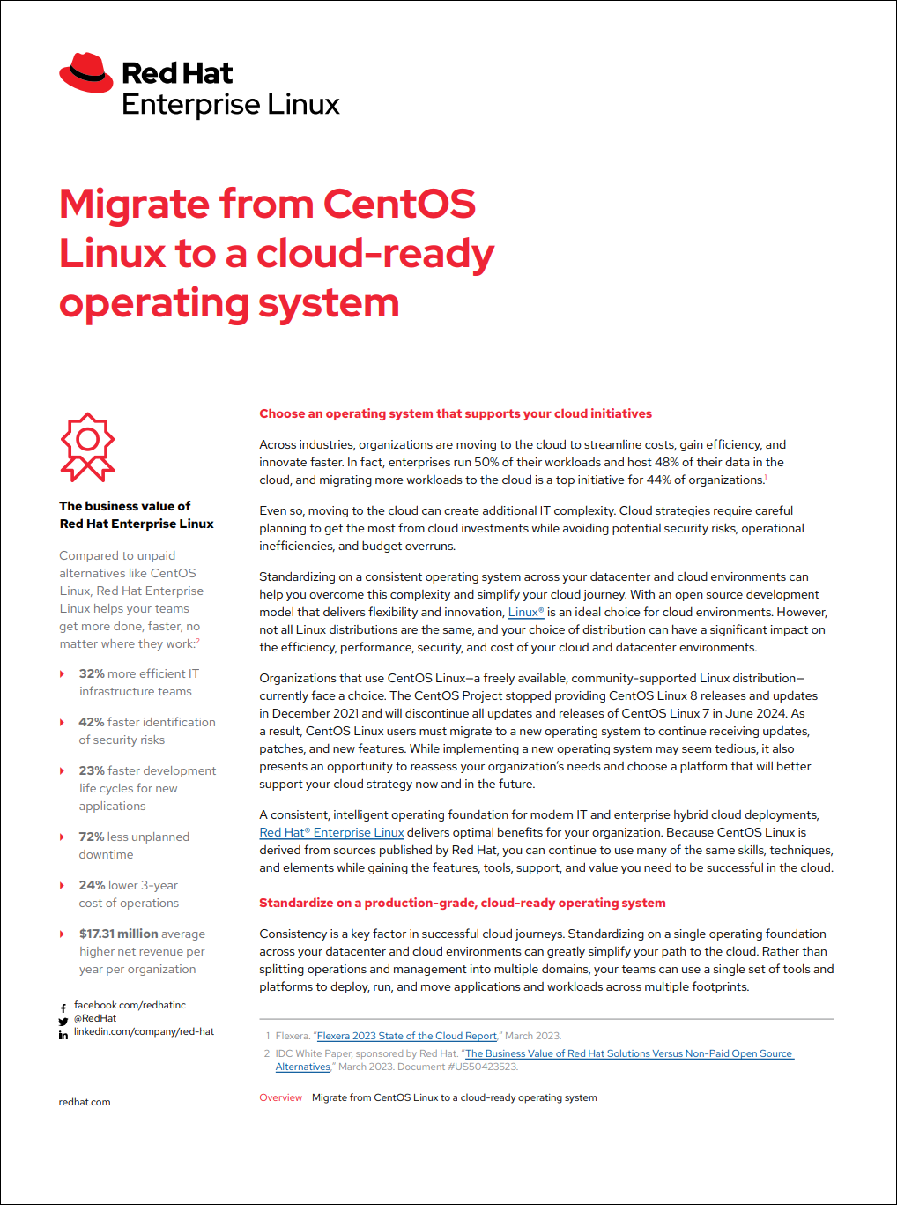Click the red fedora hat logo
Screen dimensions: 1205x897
86,73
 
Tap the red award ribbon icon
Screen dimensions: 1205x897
87,447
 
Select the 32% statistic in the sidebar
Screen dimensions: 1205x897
92,673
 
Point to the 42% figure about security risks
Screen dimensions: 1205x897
92,722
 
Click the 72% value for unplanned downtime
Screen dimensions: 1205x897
92,837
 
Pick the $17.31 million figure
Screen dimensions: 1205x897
118,934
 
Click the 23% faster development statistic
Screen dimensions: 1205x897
92,770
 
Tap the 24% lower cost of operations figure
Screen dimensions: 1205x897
92,885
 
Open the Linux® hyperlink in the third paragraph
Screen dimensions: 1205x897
525,612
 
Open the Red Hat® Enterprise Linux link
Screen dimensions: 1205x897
331,832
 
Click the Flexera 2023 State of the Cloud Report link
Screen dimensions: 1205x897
406,1036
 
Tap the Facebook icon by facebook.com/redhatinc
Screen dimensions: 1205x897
63,1008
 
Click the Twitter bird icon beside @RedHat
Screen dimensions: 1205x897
63,1021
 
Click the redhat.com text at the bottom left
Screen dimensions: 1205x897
85,1102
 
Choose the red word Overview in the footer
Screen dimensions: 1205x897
280,1097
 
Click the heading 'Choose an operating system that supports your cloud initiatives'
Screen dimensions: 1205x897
456,413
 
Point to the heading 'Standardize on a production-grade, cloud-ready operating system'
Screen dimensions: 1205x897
462,903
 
